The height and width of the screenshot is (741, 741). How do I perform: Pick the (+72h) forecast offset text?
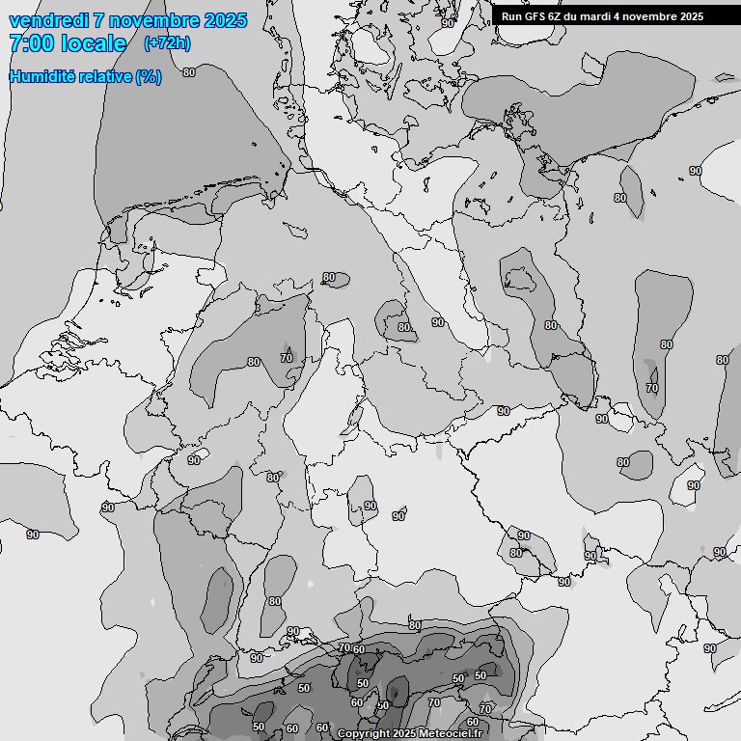(167, 43)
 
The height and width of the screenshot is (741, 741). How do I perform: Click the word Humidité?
(41, 76)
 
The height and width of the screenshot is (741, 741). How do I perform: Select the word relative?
(103, 76)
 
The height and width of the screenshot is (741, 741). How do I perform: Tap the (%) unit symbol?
(149, 76)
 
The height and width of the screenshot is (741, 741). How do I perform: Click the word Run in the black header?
(511, 16)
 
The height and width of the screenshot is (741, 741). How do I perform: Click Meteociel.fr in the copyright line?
(452, 733)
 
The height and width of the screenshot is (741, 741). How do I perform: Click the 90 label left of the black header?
(448, 22)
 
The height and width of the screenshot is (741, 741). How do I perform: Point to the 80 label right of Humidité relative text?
(189, 72)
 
